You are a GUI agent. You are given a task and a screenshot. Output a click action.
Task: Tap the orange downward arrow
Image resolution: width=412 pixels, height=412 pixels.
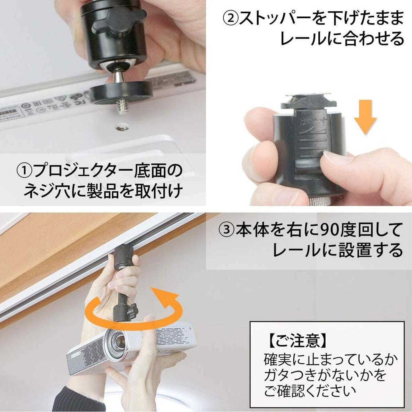[x=366, y=119]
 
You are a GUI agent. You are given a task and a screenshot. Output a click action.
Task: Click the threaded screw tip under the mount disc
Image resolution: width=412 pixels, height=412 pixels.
[x=122, y=107]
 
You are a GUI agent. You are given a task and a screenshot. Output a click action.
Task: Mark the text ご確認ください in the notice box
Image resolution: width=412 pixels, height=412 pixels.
[x=310, y=390]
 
